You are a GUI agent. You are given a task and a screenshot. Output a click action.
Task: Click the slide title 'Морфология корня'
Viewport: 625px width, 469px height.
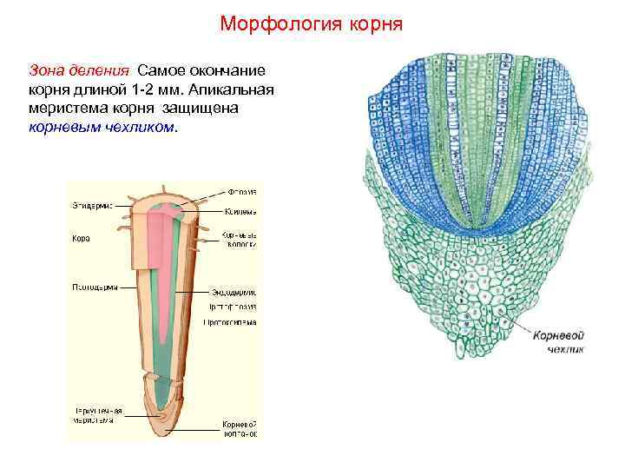coord(312,23)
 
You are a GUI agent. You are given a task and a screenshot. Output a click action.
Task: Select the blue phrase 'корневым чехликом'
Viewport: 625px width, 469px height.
coord(102,127)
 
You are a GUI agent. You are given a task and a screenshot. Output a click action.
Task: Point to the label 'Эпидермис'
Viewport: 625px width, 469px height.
coord(90,205)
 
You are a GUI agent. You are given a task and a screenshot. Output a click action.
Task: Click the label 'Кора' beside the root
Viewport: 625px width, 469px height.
coord(79,238)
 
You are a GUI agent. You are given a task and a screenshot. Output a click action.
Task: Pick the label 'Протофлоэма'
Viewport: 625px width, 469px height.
coord(232,307)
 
